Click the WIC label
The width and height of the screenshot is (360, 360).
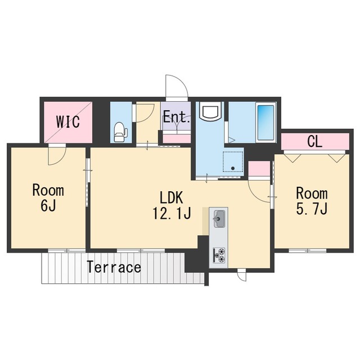pyautogui.click(x=68, y=121)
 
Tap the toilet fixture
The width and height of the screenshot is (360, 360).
pyautogui.click(x=120, y=132)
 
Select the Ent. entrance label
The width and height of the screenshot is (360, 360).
pyautogui.click(x=177, y=117)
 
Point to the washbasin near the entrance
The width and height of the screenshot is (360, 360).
pyautogui.click(x=210, y=111)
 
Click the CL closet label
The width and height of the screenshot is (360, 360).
pyautogui.click(x=315, y=142)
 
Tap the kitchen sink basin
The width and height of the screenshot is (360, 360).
pyautogui.click(x=219, y=219)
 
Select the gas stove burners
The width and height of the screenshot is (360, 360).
pyautogui.click(x=219, y=255)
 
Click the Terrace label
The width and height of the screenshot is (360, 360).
pyautogui.click(x=114, y=267)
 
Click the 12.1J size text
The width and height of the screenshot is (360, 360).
pyautogui.click(x=172, y=213)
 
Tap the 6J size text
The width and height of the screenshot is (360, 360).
pyautogui.click(x=48, y=205)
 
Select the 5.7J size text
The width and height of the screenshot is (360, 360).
pyautogui.click(x=312, y=209)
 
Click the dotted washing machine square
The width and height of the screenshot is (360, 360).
pyautogui.click(x=233, y=161)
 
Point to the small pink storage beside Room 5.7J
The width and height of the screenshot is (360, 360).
pyautogui.click(x=259, y=169)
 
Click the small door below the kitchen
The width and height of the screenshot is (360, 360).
pyautogui.click(x=242, y=275)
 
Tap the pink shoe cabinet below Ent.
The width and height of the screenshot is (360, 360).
pyautogui.click(x=177, y=139)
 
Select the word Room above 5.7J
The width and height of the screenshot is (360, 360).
pyautogui.click(x=312, y=193)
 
